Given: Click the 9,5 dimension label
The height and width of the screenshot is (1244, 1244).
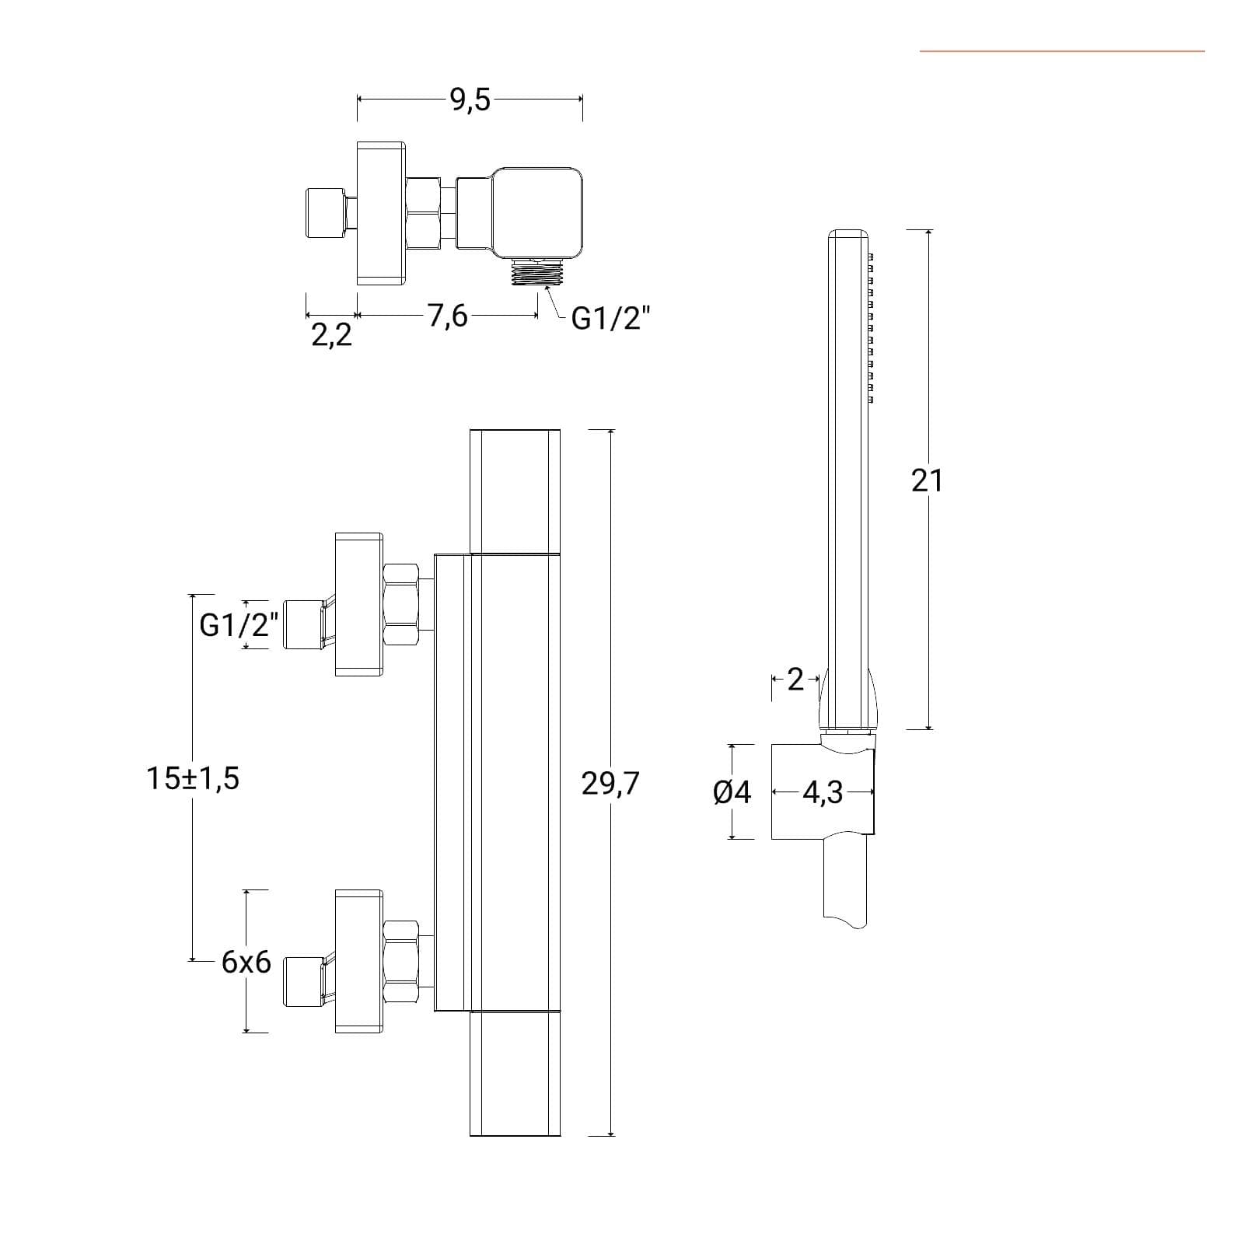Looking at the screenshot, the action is pos(470,100).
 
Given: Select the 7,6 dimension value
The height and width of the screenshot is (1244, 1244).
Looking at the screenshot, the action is pos(447,316).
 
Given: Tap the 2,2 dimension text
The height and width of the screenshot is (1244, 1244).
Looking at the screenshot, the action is pos(331,335).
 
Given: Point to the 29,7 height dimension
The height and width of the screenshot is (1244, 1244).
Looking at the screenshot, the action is pos(610,784).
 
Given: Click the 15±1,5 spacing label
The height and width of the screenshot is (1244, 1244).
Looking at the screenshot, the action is pos(193,777).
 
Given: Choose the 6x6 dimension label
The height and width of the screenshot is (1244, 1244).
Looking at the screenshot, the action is pos(246,963).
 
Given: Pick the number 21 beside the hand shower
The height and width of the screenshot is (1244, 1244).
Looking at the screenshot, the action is pos(927,481).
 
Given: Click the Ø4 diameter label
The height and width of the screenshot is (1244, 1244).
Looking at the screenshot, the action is pos(732,792).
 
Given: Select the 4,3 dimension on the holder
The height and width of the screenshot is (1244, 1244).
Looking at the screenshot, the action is pos(823,792).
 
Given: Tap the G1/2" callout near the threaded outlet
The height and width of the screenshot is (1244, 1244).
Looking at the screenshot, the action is pos(610,318).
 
